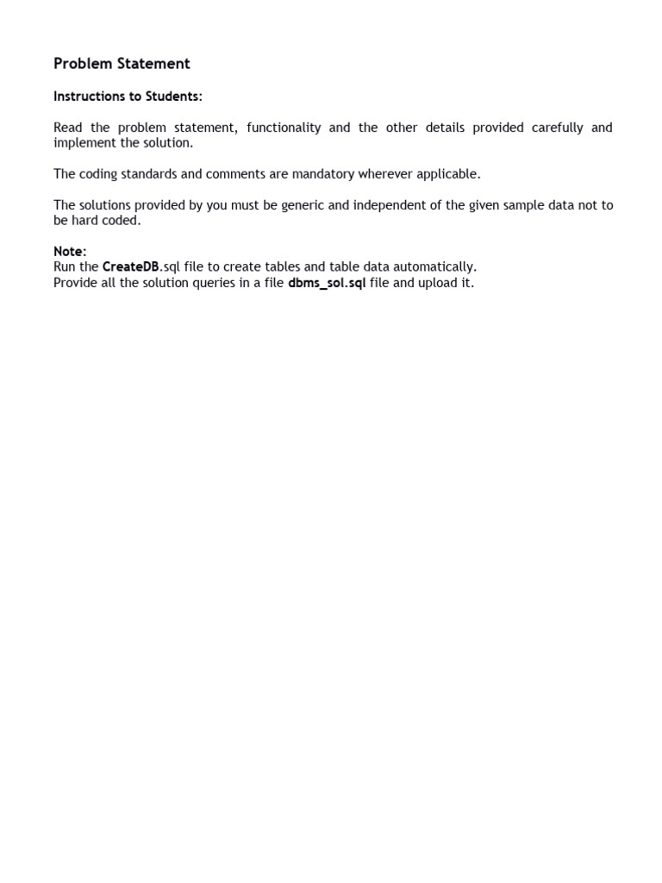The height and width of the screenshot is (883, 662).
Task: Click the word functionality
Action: click(x=284, y=128)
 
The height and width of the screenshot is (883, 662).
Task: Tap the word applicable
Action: click(x=447, y=174)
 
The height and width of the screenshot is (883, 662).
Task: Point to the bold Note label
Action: click(x=70, y=252)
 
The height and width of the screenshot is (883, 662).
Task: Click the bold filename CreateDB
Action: click(x=131, y=267)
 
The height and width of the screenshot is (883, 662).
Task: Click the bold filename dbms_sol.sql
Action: click(x=327, y=284)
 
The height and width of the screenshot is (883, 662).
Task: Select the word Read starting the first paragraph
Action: click(x=68, y=128)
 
